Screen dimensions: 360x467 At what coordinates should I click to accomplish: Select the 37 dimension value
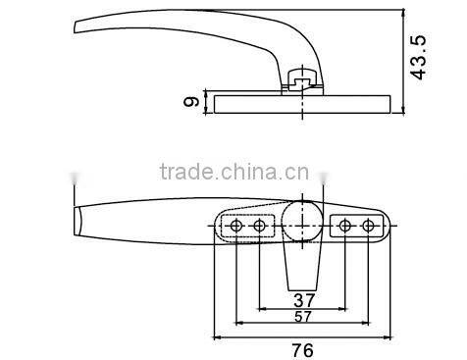[x=303, y=299]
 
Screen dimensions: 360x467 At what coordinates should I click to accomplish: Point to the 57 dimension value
[x=303, y=318]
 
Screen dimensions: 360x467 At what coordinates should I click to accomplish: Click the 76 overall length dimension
[x=302, y=348]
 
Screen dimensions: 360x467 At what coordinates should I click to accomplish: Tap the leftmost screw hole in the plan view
[x=236, y=227]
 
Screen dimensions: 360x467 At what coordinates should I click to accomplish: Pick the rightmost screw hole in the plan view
[x=368, y=227]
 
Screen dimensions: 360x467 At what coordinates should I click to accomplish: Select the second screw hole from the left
[x=259, y=227]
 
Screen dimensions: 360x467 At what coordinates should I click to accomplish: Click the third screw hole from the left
[x=344, y=227]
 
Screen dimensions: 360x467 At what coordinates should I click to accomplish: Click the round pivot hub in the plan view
[x=302, y=218]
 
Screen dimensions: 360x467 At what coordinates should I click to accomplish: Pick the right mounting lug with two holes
[x=356, y=227]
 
